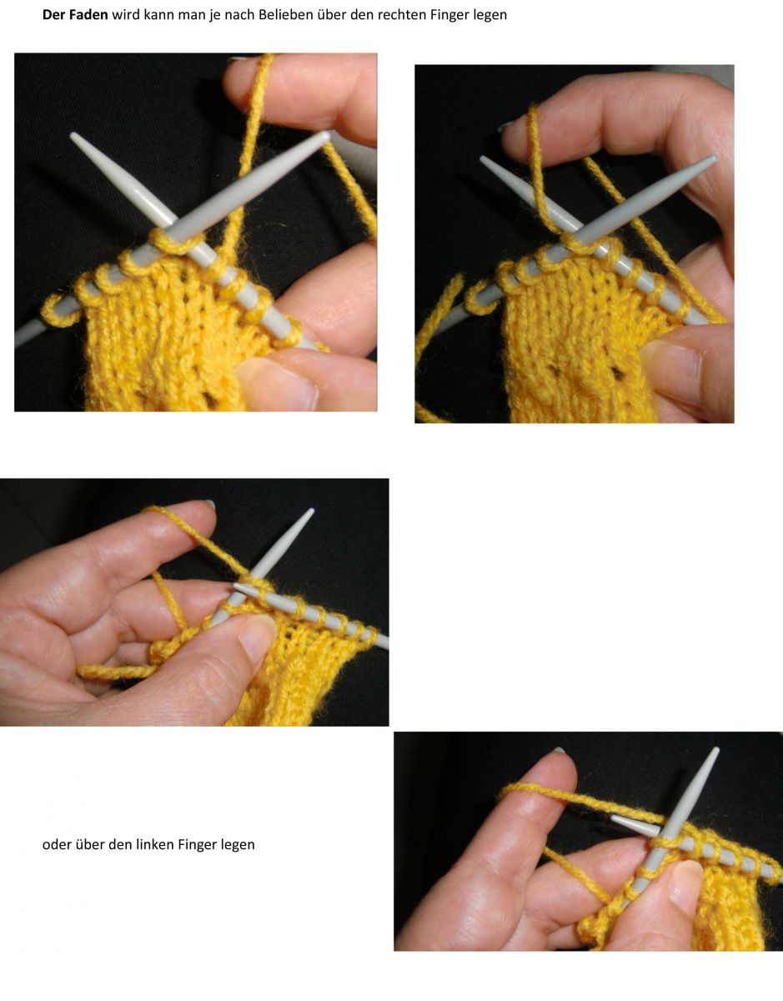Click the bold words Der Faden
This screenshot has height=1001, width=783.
click(x=75, y=15)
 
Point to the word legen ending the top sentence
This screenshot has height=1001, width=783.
click(x=489, y=15)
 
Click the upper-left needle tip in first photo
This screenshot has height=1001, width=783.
click(x=75, y=138)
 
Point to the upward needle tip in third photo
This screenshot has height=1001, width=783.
click(x=310, y=511)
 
